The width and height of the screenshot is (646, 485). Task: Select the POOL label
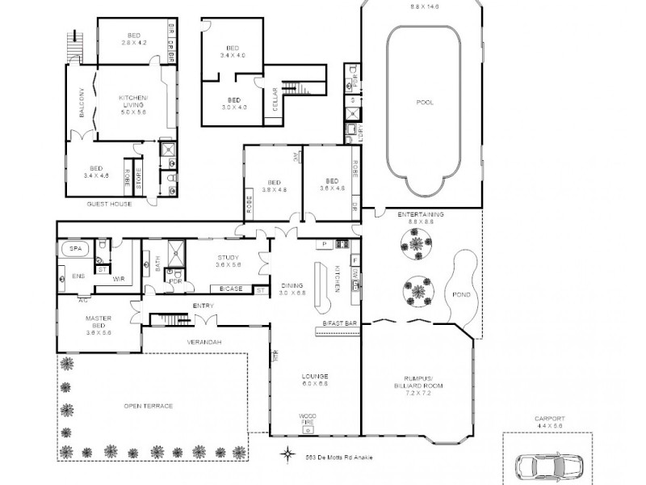(424, 103)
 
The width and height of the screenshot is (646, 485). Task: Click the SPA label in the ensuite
(76, 248)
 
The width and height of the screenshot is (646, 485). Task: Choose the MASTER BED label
(99, 322)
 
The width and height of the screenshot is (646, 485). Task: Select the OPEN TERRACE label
(148, 406)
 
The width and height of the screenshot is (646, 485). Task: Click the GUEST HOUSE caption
(109, 205)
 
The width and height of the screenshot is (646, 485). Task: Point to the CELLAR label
(275, 100)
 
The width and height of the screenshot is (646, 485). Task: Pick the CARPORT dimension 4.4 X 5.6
(550, 426)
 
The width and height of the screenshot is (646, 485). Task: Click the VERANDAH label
(205, 342)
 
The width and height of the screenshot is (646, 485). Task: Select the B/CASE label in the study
(230, 289)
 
